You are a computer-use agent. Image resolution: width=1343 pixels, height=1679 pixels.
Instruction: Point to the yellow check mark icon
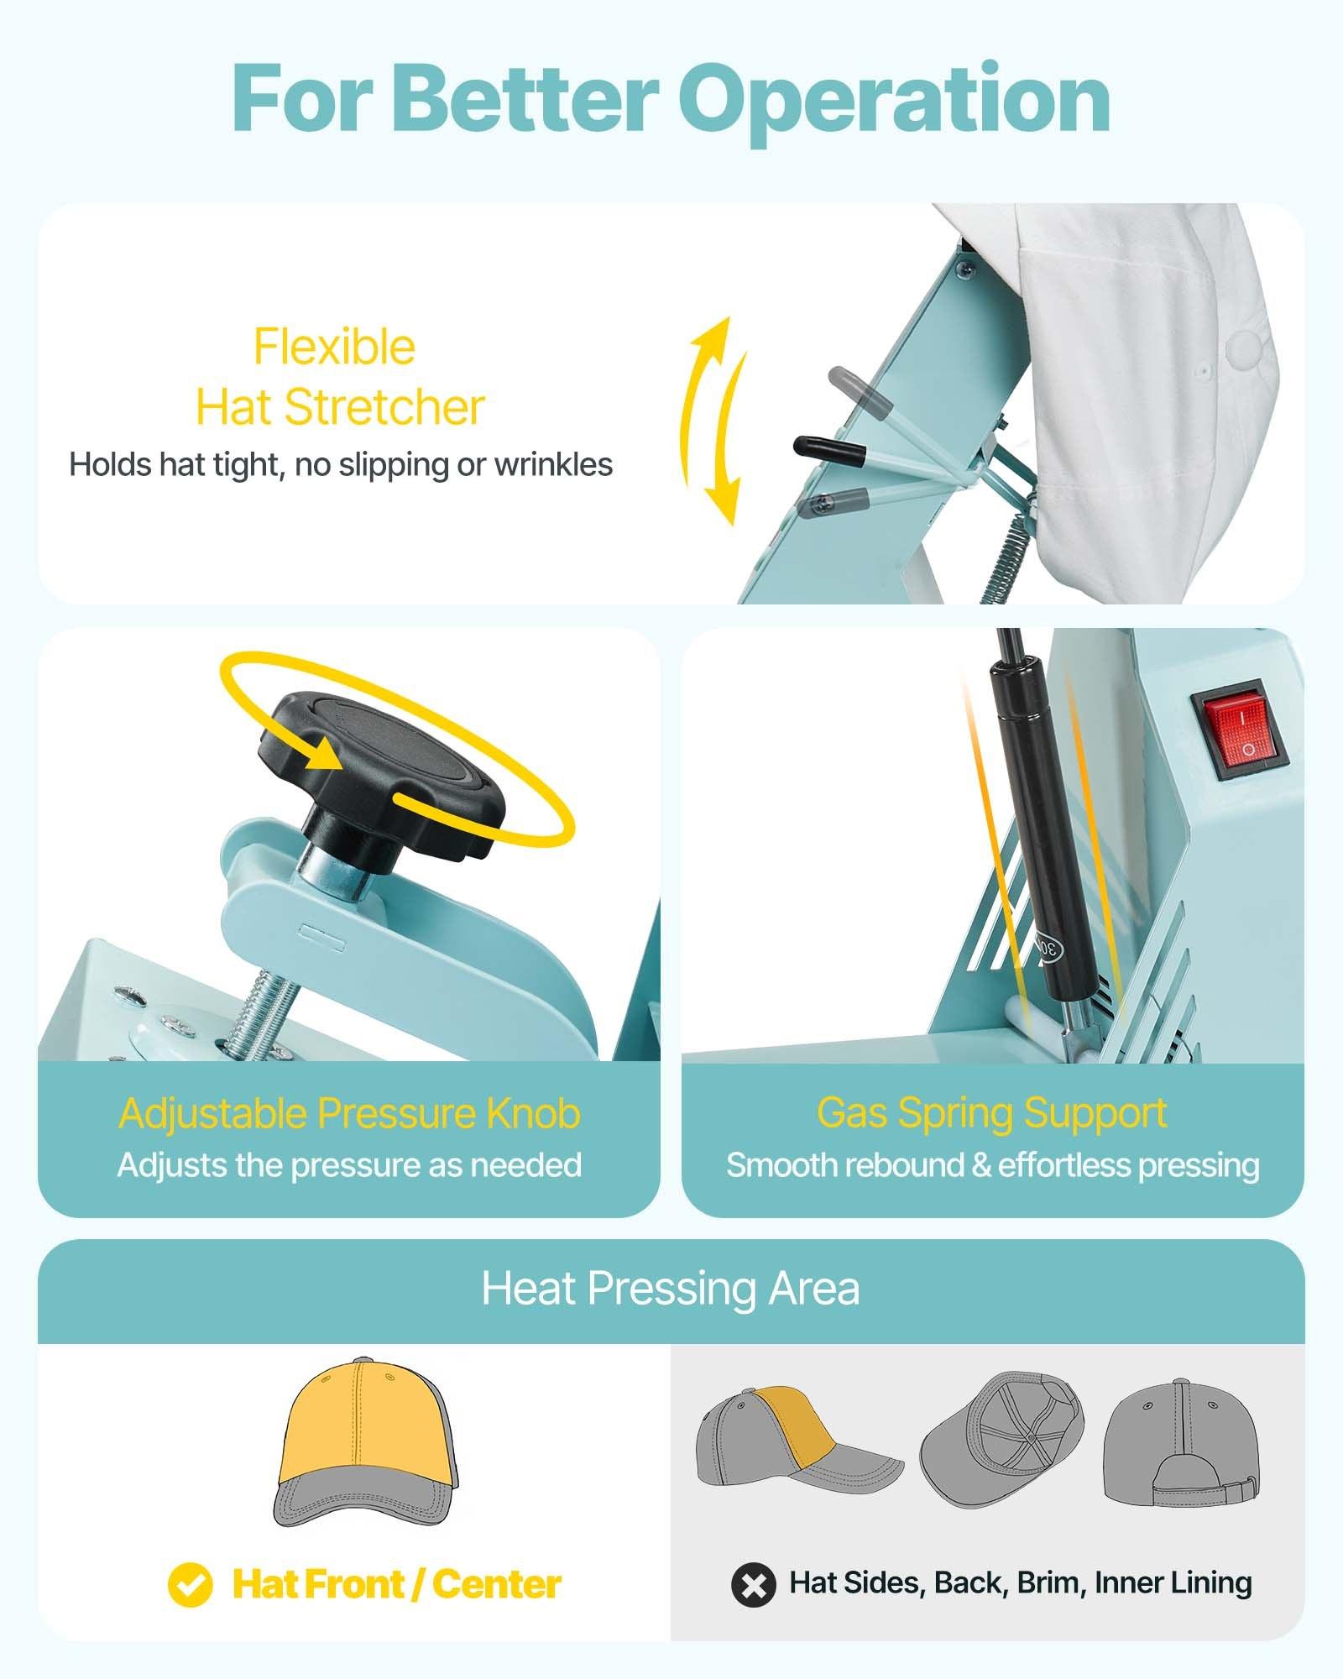click(190, 1585)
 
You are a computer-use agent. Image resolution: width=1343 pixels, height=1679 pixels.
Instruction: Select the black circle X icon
click(753, 1585)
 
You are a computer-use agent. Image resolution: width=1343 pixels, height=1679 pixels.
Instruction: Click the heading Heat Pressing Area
click(670, 1289)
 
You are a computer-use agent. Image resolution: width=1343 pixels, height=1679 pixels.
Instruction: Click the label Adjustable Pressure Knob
click(349, 1114)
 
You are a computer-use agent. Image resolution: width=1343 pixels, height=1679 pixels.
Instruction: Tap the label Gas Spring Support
click(991, 1113)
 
